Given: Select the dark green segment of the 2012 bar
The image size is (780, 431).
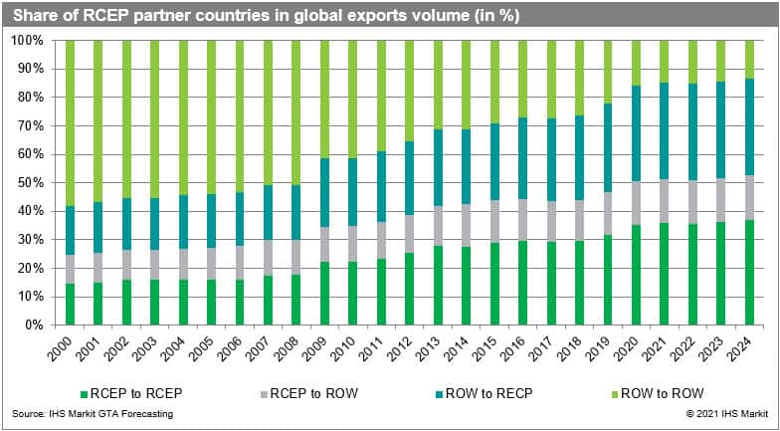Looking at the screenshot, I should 410,289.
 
